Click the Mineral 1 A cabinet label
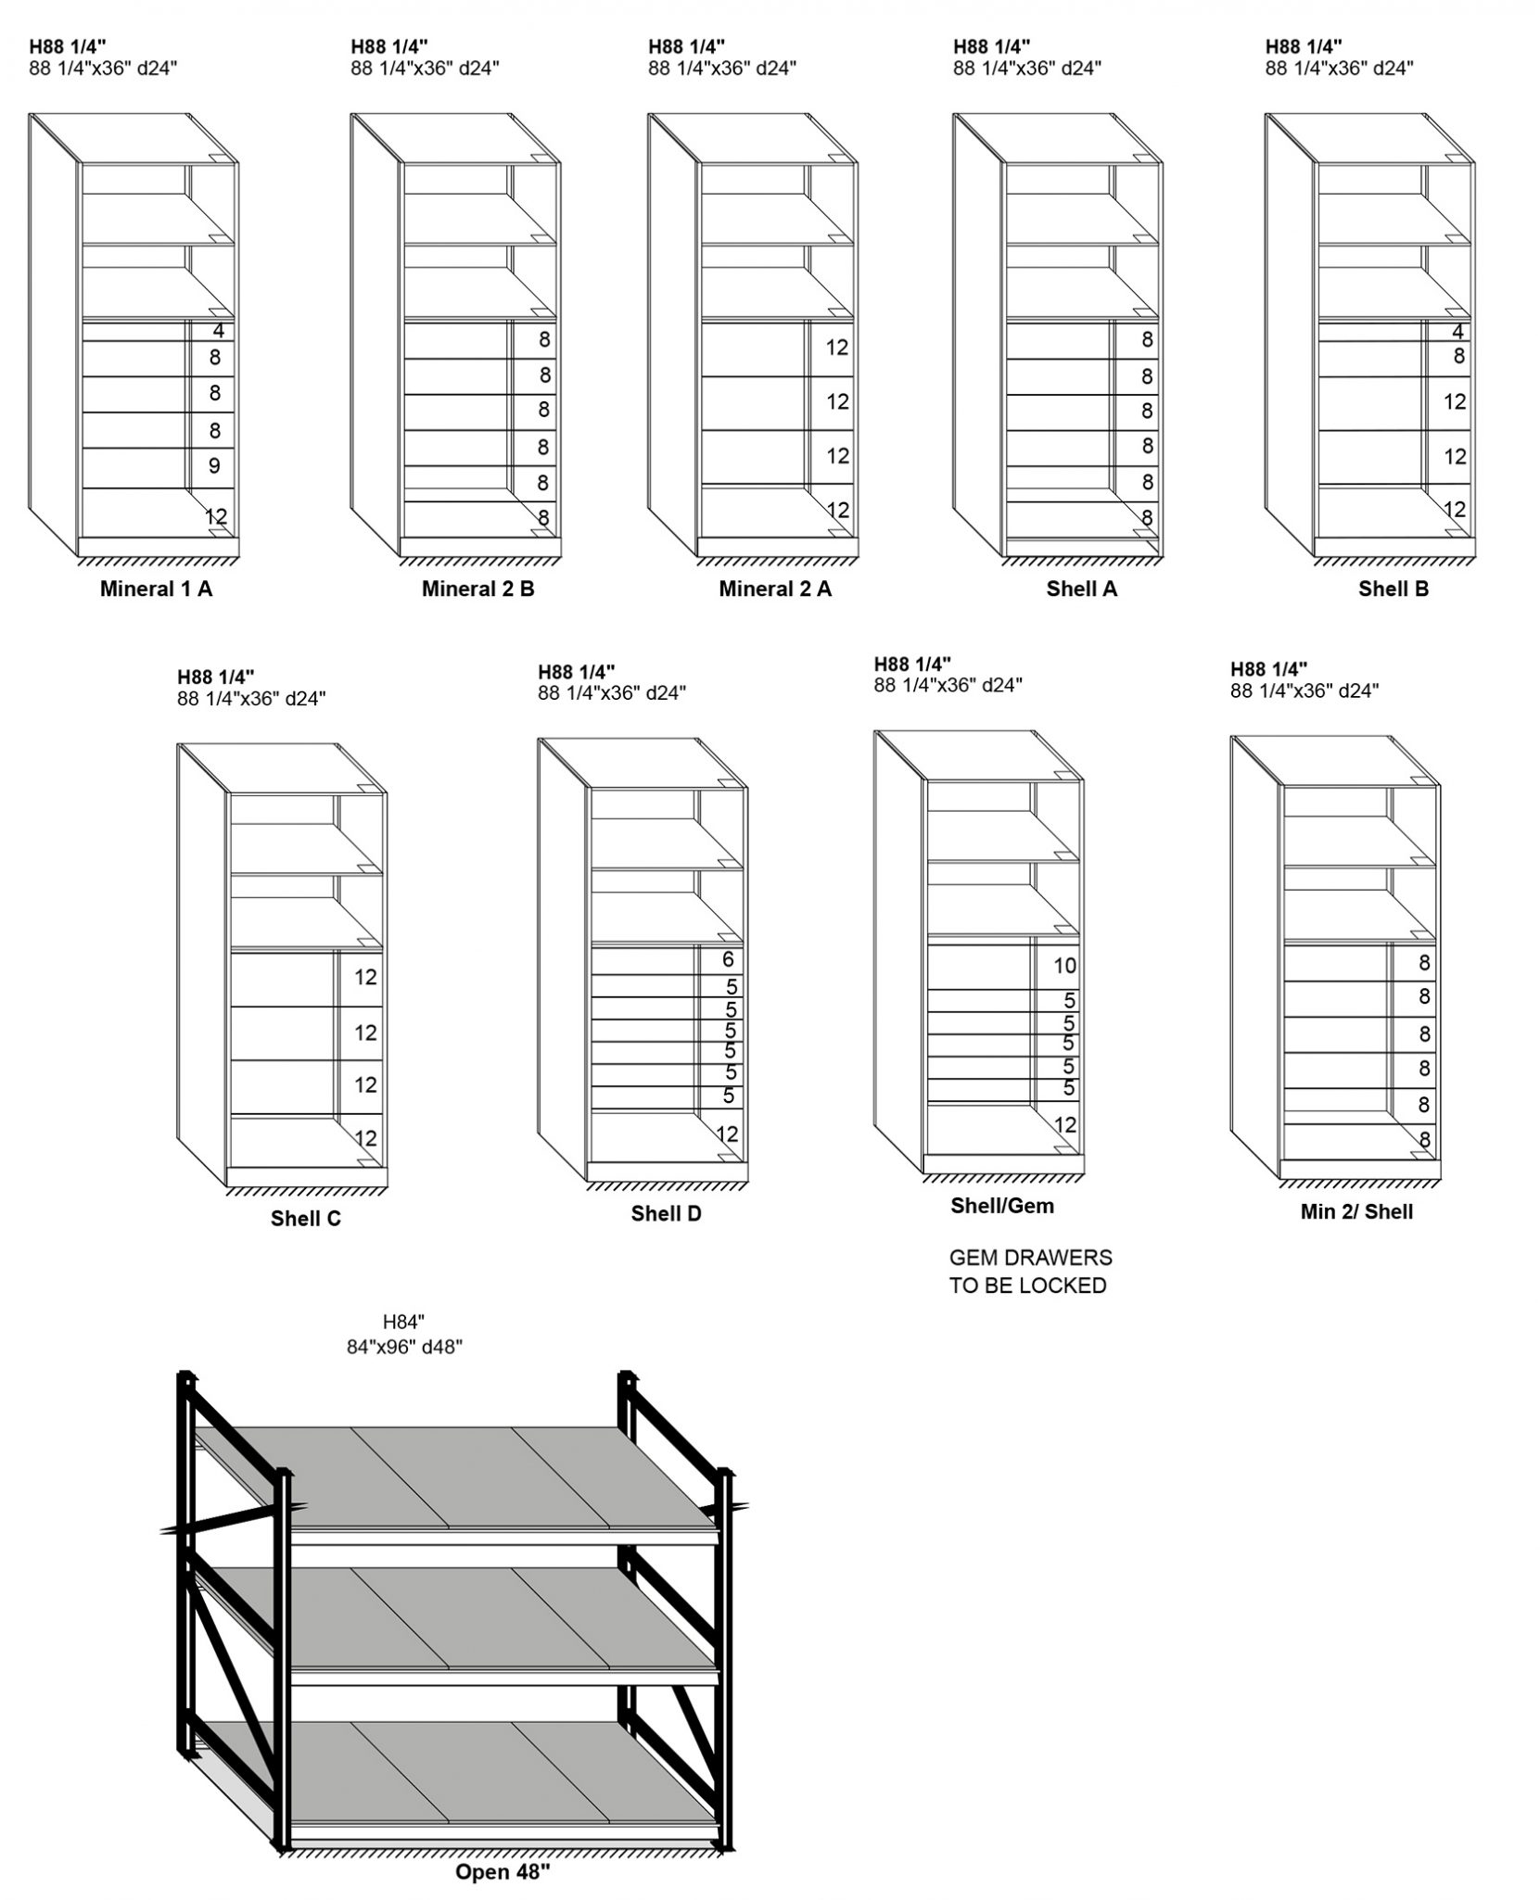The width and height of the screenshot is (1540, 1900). tap(156, 589)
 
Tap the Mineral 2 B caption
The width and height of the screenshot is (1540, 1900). tap(477, 589)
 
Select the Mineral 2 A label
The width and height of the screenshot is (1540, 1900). tap(775, 589)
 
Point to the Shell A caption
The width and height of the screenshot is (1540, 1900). tap(1081, 589)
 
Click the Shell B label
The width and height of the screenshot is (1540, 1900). tap(1393, 589)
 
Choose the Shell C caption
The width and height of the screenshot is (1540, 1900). tap(305, 1219)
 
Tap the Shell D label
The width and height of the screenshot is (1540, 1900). tap(666, 1213)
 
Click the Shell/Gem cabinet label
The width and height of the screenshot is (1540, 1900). tap(1001, 1206)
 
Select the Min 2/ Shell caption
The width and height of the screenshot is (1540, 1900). tap(1356, 1211)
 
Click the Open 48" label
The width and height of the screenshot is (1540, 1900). tap(503, 1871)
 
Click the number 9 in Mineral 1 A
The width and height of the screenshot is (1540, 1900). tap(214, 465)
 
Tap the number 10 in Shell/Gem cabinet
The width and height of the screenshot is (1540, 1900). tap(1064, 966)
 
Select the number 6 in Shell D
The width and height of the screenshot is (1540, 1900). tap(728, 959)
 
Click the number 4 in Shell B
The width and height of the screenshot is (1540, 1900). tap(1458, 332)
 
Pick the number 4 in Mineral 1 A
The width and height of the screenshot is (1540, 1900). tap(219, 331)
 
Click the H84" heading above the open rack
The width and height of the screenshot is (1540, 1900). tap(403, 1323)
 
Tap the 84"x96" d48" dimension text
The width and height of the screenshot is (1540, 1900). tap(404, 1347)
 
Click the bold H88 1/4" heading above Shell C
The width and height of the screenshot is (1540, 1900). tap(216, 677)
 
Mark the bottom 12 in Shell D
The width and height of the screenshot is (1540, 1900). tap(727, 1134)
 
